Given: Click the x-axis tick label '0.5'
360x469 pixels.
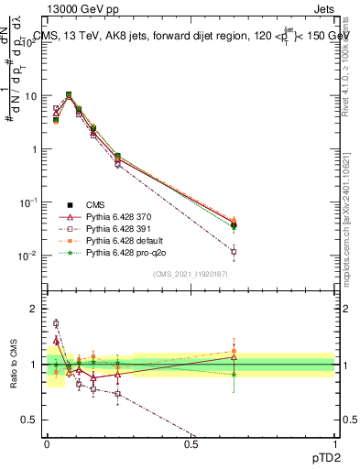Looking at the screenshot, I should pos(191,444).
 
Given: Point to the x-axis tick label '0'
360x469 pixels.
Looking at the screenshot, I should pos(47,444).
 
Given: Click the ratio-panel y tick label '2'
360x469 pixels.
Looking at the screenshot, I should pos(34,309).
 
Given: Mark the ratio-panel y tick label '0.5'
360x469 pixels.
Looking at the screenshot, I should pos(29,420).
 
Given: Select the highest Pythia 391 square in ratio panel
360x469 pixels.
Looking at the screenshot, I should pos(56,323).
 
